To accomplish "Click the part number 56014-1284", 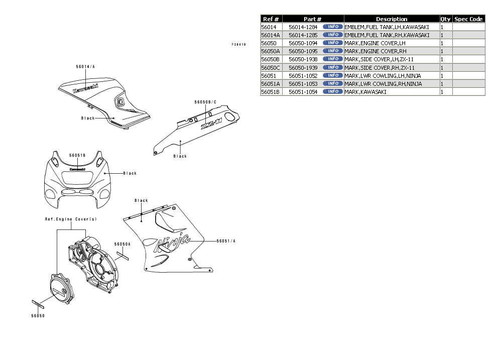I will point(303,27).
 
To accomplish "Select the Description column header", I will point(392,19).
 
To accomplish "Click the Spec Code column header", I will point(468,19).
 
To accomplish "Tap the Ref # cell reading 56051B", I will point(271,92).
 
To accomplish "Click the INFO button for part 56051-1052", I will point(332,75).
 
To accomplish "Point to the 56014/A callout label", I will point(85,67).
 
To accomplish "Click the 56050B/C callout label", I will point(205,102).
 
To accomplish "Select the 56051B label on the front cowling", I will point(77,156).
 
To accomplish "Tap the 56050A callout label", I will point(122,244).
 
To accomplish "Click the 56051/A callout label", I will point(226,241).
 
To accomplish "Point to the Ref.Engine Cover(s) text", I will point(71,219).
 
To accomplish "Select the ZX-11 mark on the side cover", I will point(211,124).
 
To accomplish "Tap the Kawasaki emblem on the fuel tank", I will point(85,88).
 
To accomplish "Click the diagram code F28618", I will point(238,45).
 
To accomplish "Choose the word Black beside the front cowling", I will point(130,173).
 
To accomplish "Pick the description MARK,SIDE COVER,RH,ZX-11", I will point(382,68).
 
